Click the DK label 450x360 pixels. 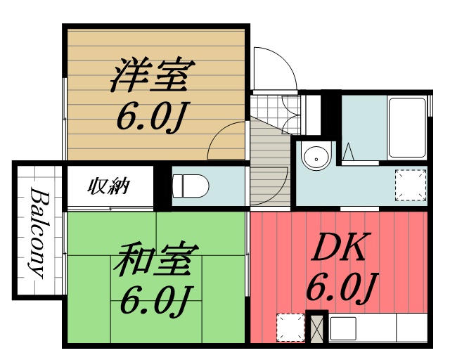pos(339,247)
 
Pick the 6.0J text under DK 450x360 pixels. pos(339,287)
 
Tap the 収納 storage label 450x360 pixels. pos(108,186)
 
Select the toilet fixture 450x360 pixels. pos(191,186)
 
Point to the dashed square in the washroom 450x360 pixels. pos(409,185)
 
